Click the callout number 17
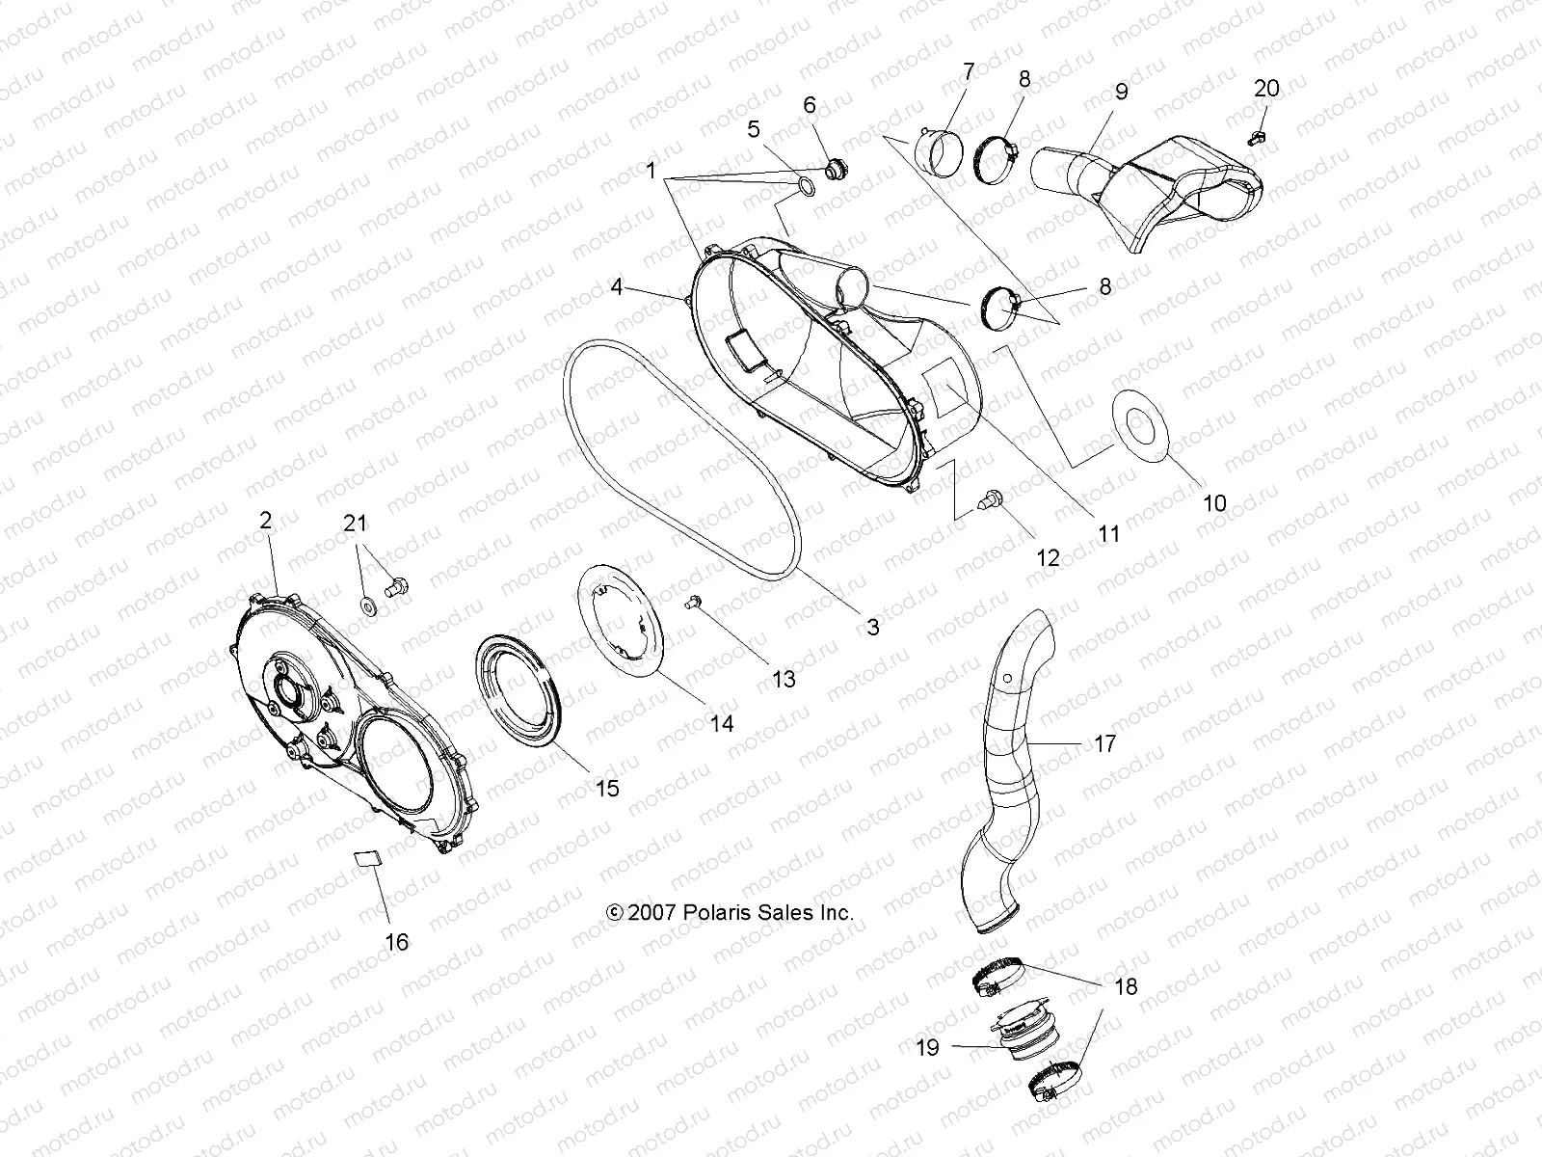[1104, 743]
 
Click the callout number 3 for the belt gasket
[872, 627]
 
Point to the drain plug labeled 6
[836, 171]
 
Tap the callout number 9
[1120, 92]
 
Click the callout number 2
[265, 521]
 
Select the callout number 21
[356, 524]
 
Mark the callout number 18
[1125, 986]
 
